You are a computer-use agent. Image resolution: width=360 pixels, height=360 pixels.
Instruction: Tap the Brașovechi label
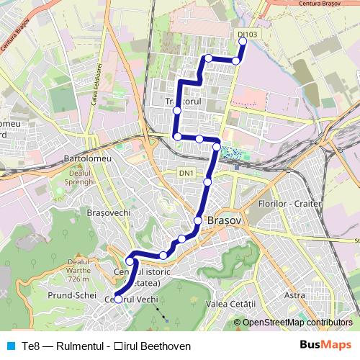(107, 214)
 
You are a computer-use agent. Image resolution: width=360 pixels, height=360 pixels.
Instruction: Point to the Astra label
(295, 295)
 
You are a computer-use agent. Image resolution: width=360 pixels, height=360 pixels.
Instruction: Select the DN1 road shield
(186, 173)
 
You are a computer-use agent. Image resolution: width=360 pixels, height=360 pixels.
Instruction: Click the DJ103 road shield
(247, 34)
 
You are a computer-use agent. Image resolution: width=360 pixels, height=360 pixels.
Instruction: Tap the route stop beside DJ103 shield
(243, 42)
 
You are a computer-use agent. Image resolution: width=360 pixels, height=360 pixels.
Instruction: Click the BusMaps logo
(325, 346)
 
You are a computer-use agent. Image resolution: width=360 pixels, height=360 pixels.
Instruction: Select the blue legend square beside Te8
(9, 346)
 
